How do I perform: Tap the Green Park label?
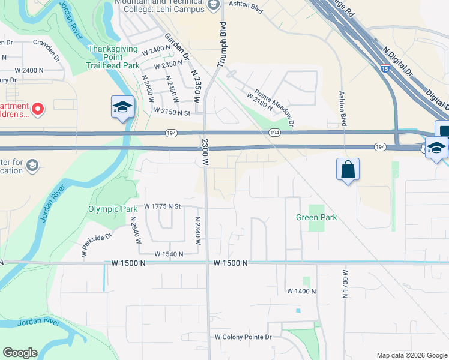[x=316, y=217]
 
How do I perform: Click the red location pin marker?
[x=37, y=109]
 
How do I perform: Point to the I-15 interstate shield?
[x=385, y=70]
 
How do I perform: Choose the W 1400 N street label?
[x=301, y=291]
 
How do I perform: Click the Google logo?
[x=20, y=353]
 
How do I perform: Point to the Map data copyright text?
[x=411, y=355]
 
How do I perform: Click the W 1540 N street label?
[x=169, y=254]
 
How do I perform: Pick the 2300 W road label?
[x=205, y=152]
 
